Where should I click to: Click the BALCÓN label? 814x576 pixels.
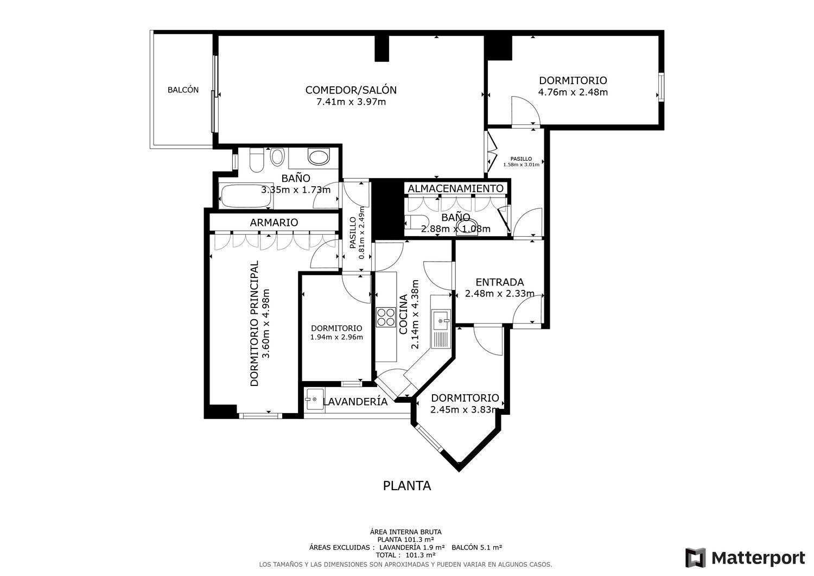click(183, 90)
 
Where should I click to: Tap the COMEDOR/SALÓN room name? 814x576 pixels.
click(351, 90)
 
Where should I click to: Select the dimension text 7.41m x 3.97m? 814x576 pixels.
click(351, 102)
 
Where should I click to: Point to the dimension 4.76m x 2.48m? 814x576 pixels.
click(573, 92)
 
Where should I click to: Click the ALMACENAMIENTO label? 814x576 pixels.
click(456, 188)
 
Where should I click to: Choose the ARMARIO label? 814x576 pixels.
click(274, 223)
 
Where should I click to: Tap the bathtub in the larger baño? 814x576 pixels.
click(246, 195)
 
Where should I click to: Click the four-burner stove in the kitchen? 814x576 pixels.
click(385, 318)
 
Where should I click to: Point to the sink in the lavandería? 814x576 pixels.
click(315, 400)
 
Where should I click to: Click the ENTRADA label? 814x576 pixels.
click(500, 282)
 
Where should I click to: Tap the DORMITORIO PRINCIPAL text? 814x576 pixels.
click(255, 323)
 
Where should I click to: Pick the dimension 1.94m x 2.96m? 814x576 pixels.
click(336, 337)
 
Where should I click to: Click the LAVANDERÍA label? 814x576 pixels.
click(355, 401)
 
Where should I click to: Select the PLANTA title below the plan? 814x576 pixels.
click(407, 486)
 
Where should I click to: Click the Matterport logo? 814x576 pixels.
click(745, 558)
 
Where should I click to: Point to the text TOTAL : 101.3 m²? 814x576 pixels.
click(405, 555)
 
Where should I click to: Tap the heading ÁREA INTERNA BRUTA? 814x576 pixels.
click(405, 532)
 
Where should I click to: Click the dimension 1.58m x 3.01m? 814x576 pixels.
click(521, 164)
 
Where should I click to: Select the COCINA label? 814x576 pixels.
click(403, 314)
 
